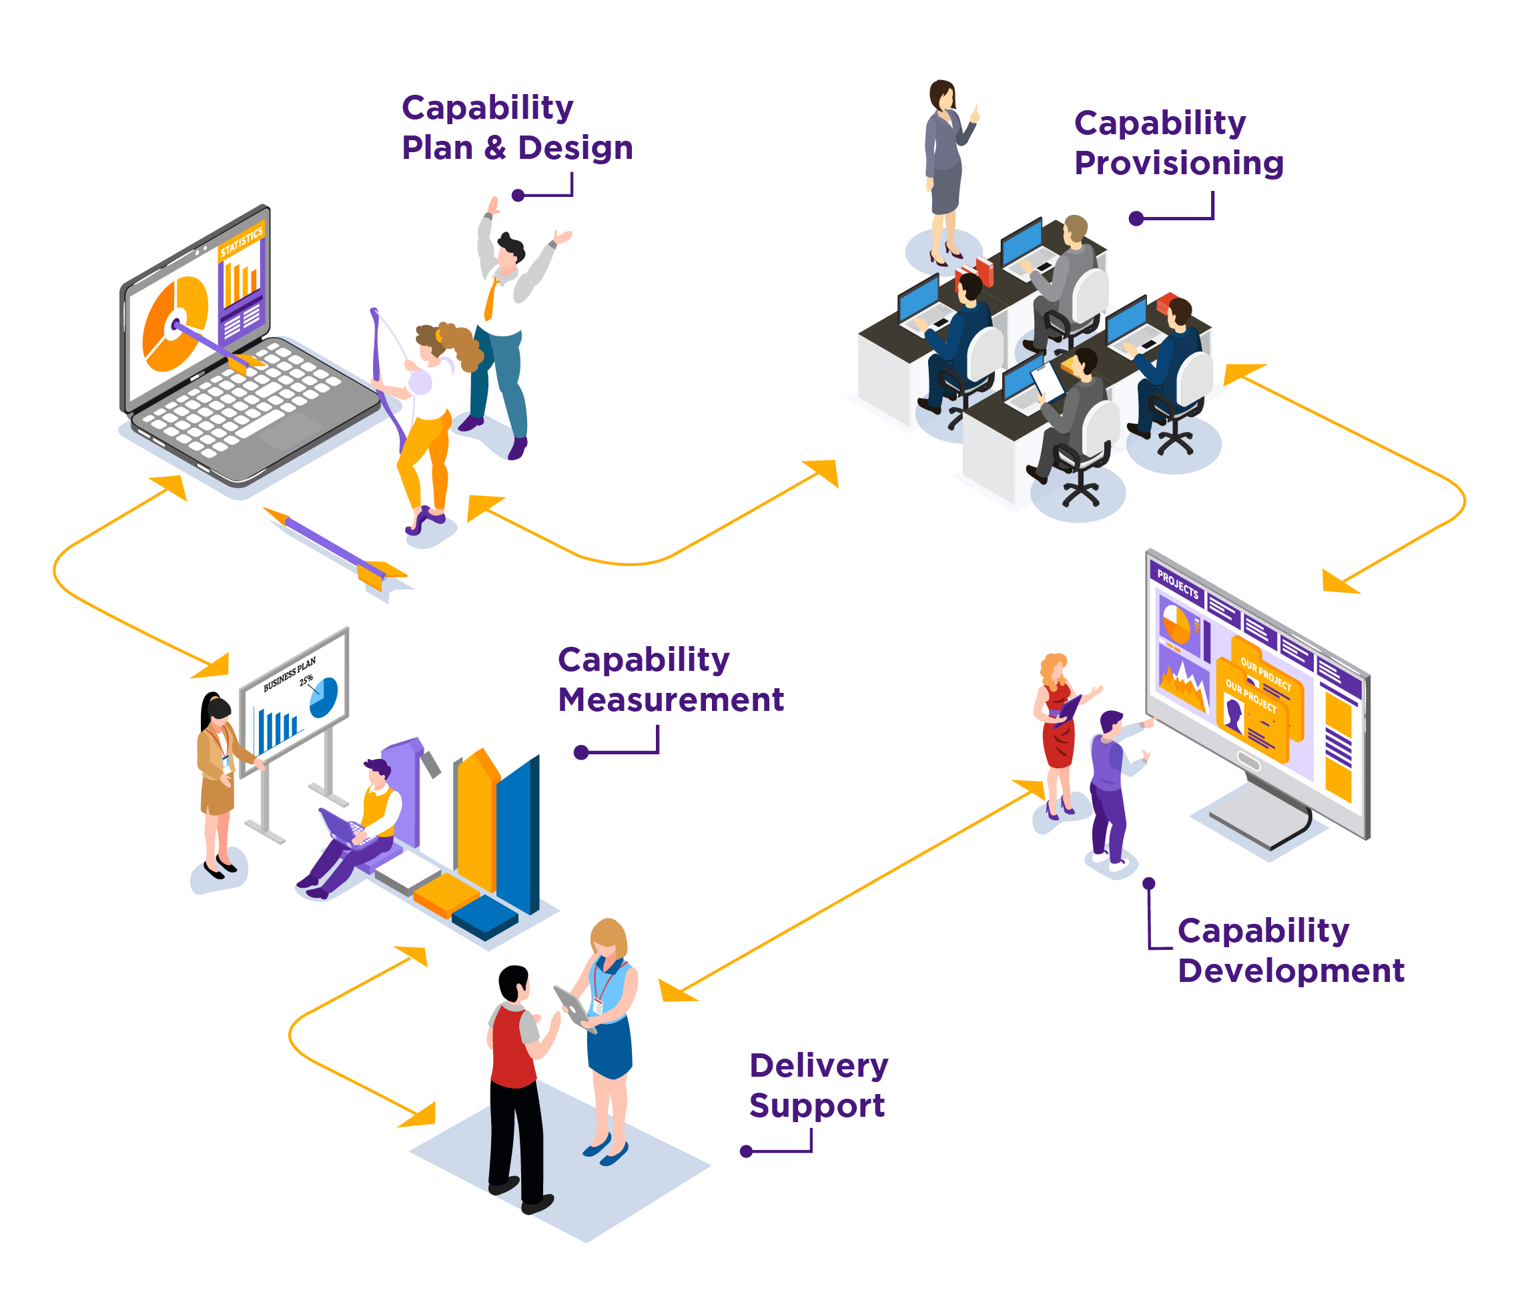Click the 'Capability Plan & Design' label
click(516, 127)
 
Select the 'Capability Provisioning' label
click(1178, 143)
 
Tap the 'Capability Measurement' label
click(670, 680)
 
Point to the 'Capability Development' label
click(1289, 950)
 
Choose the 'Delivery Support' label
click(817, 1085)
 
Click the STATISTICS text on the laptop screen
click(241, 242)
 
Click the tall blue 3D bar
click(518, 836)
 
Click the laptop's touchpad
click(290, 433)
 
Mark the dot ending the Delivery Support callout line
click(747, 1151)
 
